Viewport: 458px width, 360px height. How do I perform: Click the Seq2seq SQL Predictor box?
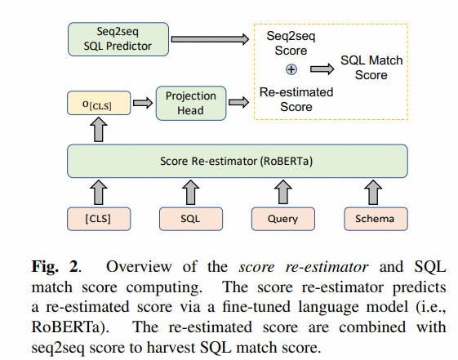[x=118, y=39]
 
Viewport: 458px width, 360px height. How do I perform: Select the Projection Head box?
[x=191, y=103]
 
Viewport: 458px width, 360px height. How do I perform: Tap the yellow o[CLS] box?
[x=99, y=103]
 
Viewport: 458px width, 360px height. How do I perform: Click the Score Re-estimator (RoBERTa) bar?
[x=238, y=161]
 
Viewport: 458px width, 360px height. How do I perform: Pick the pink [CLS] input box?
[x=99, y=219]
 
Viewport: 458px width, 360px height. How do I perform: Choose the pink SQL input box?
[x=191, y=219]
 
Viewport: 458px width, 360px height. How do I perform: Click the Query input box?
[x=283, y=219]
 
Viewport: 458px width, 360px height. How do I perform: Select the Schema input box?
[x=376, y=219]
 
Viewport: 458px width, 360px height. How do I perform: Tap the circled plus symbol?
[x=291, y=69]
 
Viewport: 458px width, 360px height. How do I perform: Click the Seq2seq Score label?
[x=291, y=43]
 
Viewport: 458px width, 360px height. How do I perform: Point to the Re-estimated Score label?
[x=296, y=100]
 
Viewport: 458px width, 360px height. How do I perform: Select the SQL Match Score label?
[x=371, y=68]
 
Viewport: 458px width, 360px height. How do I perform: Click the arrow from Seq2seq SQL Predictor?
[x=210, y=39]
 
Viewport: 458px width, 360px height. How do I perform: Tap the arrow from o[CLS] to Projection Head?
[x=143, y=103]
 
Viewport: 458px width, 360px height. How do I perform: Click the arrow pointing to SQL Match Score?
[x=322, y=69]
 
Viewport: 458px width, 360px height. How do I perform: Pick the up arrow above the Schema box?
[x=373, y=192]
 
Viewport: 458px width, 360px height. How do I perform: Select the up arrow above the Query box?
[x=283, y=192]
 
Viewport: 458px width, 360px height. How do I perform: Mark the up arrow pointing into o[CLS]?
[x=99, y=130]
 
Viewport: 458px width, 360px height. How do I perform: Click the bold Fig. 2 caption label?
[x=55, y=267]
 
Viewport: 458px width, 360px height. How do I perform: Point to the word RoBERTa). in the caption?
[x=70, y=327]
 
